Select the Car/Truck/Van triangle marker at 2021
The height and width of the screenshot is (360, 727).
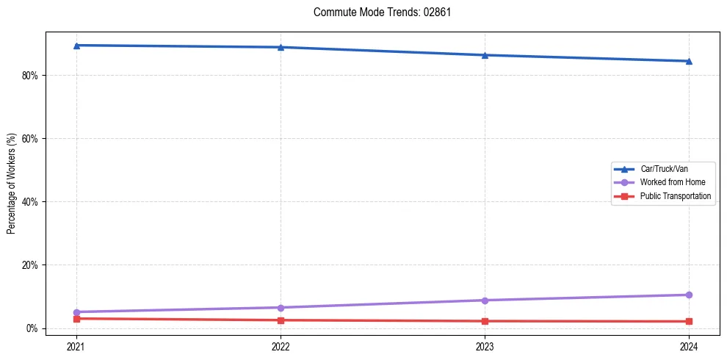tap(76, 46)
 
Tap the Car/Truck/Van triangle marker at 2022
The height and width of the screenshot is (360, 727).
tap(281, 47)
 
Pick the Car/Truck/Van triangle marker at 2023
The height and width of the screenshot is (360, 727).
tap(485, 55)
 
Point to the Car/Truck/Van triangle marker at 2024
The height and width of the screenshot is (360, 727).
tap(689, 61)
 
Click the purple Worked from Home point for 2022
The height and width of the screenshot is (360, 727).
tap(281, 307)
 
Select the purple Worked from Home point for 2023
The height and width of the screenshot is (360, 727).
tap(485, 300)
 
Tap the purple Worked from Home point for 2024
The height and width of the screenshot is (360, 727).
tap(689, 295)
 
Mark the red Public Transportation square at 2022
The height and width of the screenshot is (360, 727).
tap(281, 320)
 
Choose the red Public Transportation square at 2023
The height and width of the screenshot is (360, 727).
tap(485, 321)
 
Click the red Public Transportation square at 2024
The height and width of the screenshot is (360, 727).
tap(689, 321)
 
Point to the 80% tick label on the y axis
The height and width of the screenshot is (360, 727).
tap(31, 75)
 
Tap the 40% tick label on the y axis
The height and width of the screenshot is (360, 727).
tap(31, 201)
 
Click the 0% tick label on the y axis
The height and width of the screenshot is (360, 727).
tap(33, 328)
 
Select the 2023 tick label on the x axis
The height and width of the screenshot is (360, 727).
tap(485, 345)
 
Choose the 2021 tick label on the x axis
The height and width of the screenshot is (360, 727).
tap(76, 345)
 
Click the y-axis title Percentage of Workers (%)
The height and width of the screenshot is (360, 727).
tap(11, 184)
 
